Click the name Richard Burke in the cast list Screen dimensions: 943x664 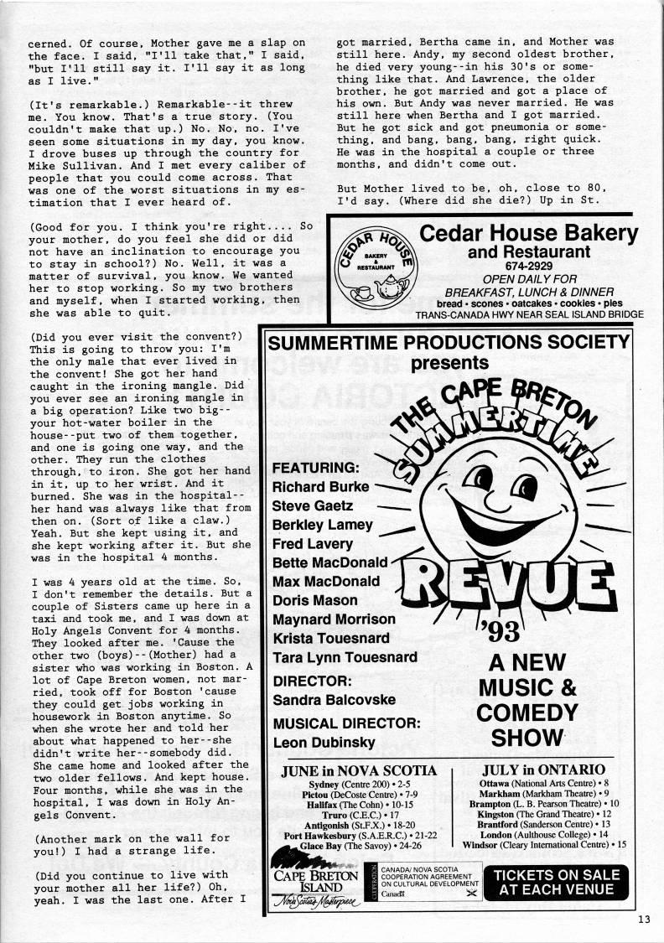pyautogui.click(x=320, y=486)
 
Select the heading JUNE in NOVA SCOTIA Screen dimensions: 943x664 pyautogui.click(x=360, y=769)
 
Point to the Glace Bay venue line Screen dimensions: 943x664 pyautogui.click(x=360, y=848)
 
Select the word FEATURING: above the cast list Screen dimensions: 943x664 pyautogui.click(x=315, y=467)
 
